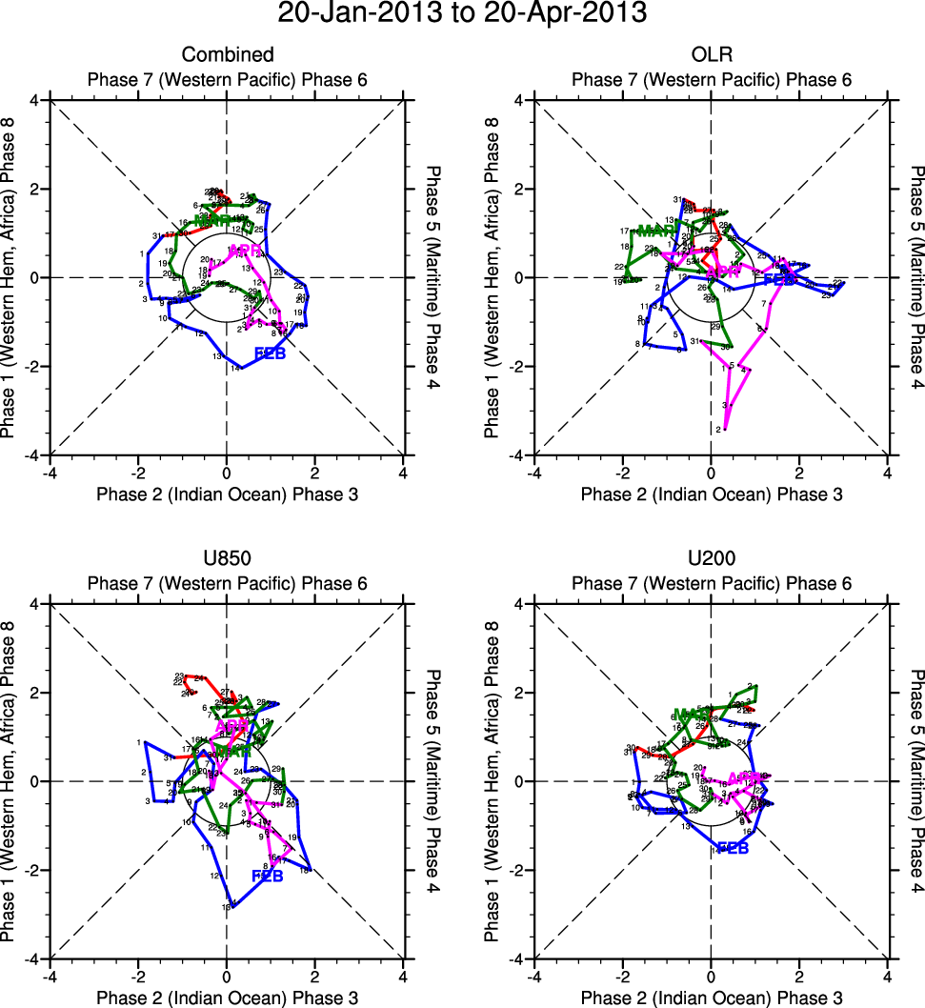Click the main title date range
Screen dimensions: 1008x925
462,14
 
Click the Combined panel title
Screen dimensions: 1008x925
227,55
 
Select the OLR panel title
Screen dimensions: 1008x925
711,55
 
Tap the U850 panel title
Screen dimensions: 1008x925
227,559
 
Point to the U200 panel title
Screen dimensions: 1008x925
711,559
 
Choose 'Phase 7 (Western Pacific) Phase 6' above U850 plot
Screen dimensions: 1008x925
227,583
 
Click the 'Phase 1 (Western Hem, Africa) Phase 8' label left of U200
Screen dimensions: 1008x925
493,780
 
